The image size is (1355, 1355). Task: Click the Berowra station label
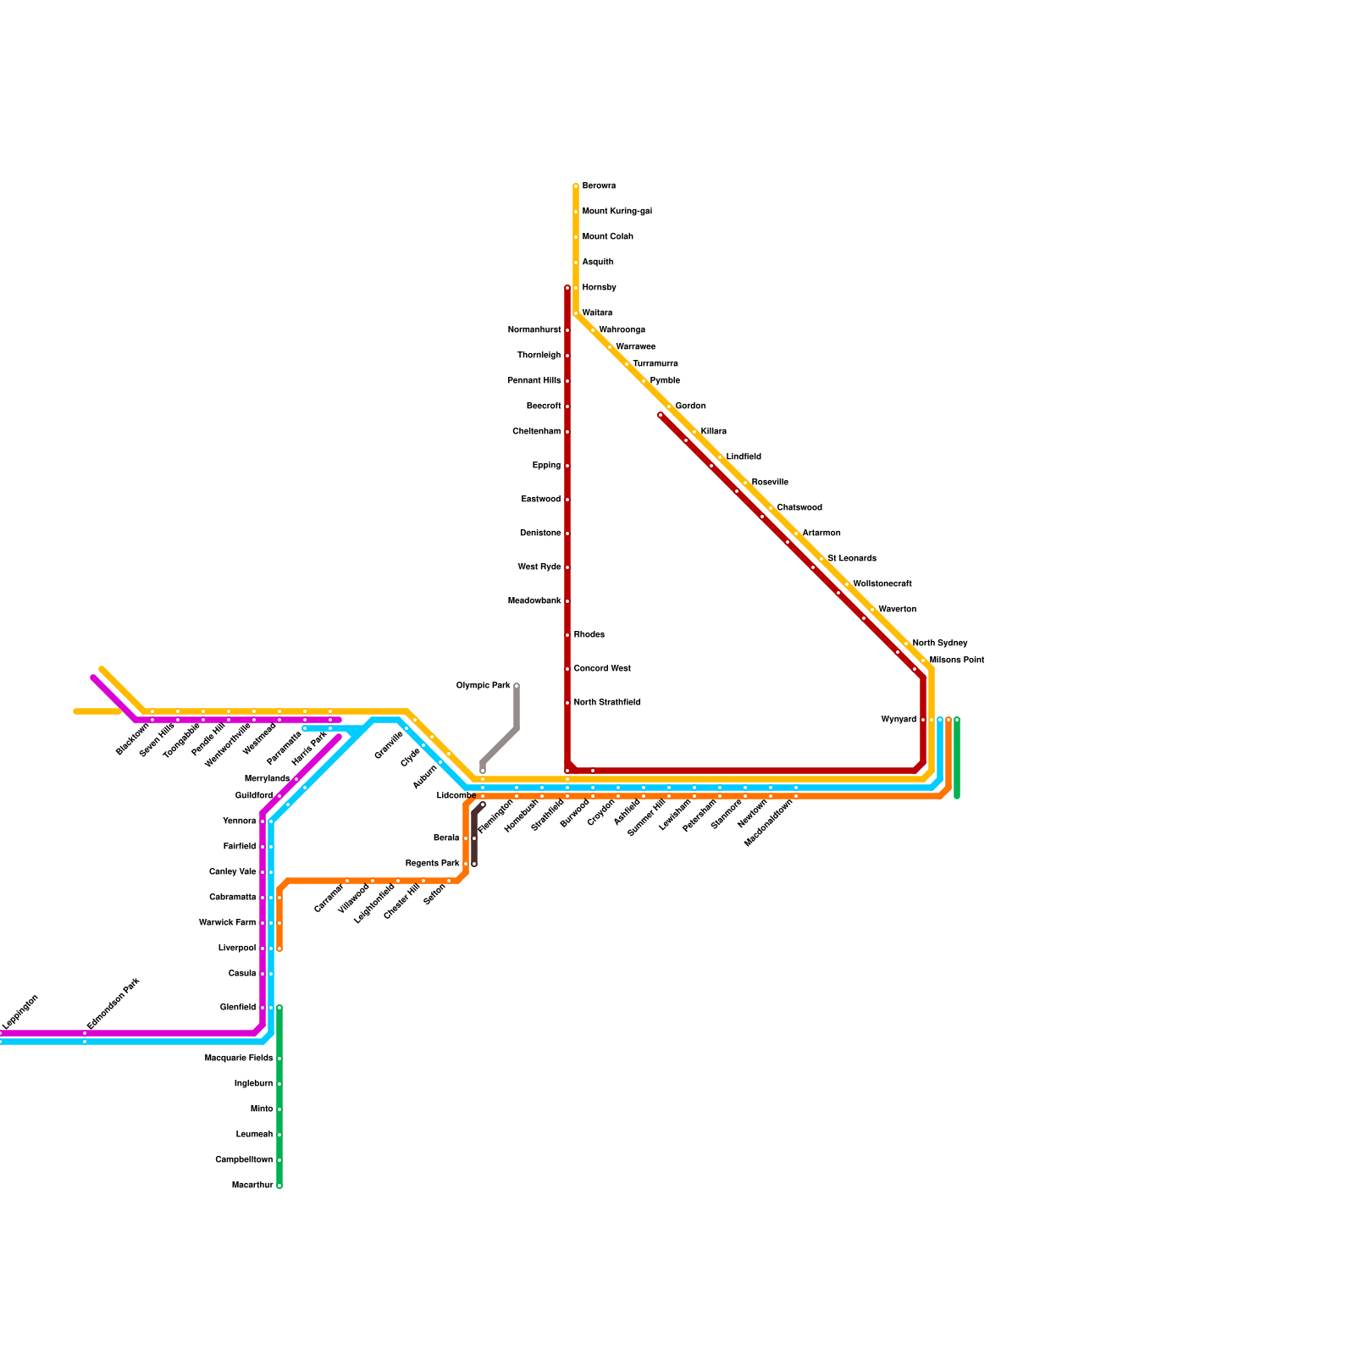599,186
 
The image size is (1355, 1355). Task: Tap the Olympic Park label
483,686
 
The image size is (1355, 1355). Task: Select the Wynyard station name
898,720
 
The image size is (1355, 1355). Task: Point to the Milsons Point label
956,661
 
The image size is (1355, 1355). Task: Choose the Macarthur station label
252,1186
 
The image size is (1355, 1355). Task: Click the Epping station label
546,466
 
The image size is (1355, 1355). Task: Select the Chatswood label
799,508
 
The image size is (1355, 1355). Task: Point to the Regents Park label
432,864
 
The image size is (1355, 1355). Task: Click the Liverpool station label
237,948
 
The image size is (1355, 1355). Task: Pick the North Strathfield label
606,703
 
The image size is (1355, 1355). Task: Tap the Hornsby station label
599,288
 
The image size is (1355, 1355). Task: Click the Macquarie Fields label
238,1059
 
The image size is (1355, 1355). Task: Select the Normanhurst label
534,330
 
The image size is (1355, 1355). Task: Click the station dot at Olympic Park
517,686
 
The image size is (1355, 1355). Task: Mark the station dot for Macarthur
279,1186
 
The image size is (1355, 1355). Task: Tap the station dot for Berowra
576,186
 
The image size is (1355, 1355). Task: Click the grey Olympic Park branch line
500,745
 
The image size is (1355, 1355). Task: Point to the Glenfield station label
237,1008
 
